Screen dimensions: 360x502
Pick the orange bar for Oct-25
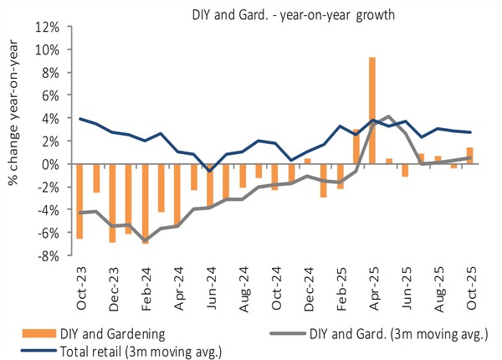click(x=470, y=156)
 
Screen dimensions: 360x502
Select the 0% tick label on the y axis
click(x=51, y=164)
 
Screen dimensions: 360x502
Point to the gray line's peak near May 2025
click(x=388, y=116)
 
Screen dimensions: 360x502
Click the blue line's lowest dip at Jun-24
click(x=210, y=171)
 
